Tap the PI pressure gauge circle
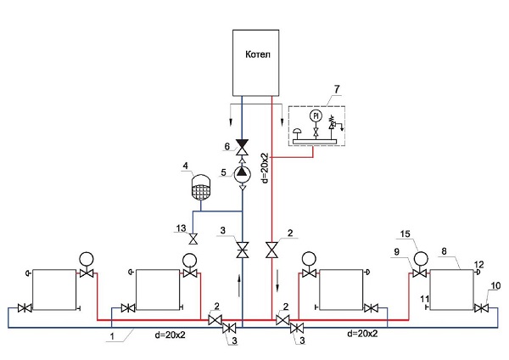coord(315,115)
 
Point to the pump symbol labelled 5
coord(243,172)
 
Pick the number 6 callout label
coord(227,146)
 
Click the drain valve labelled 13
coord(193,239)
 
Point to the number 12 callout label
coord(479,264)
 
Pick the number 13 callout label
coord(181,228)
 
